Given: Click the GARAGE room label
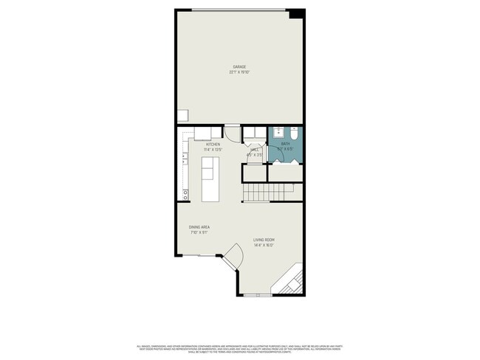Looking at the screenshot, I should pos(239,67).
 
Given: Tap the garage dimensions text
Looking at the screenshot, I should pos(239,73).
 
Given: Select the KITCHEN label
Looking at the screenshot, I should pos(202,145).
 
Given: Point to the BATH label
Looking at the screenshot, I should pos(286,145).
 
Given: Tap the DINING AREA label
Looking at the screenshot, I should pos(199,227).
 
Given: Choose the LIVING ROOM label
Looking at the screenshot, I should pos(264,240).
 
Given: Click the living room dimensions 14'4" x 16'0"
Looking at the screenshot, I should pos(264,246).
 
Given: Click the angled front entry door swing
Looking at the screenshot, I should pos(233,259).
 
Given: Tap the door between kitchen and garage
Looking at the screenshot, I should pos(232,134).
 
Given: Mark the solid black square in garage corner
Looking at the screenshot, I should pos(296,15).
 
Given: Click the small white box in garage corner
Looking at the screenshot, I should pos(182,116).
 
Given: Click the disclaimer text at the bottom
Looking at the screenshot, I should pos(240,348).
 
